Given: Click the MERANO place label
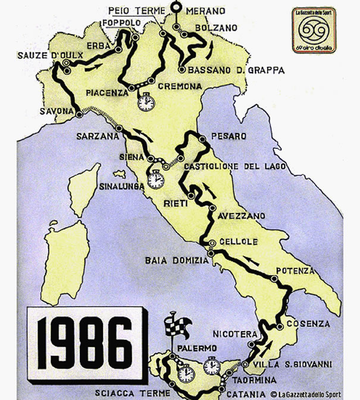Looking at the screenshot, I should click(x=206, y=11).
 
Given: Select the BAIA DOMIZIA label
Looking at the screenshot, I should click(x=174, y=260).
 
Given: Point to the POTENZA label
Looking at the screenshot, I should click(x=295, y=271).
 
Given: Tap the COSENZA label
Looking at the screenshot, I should click(x=307, y=323).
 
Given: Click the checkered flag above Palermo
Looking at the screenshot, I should click(x=176, y=325).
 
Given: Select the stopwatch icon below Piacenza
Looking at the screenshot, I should click(x=145, y=102).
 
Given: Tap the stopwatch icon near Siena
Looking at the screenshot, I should click(x=156, y=179).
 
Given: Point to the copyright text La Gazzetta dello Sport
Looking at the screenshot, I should click(x=309, y=393).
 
